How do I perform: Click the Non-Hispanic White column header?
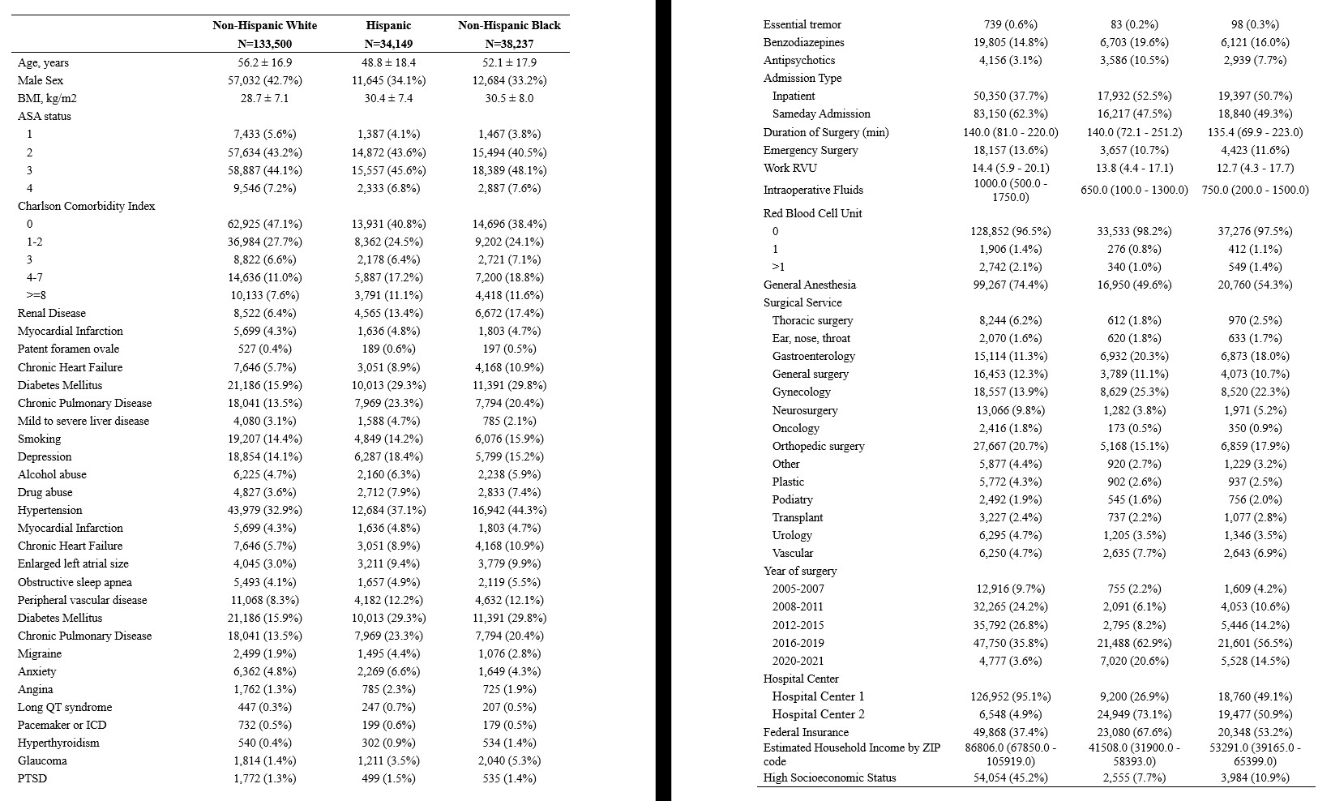(x=265, y=25)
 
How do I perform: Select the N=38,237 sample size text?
(x=509, y=44)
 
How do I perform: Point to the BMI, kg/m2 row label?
(x=48, y=98)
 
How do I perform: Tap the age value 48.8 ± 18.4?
(x=388, y=62)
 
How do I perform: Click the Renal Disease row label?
(x=52, y=313)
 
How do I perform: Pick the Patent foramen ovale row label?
(x=68, y=349)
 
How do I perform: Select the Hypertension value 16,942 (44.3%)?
(x=509, y=510)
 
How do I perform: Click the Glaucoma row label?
(x=42, y=760)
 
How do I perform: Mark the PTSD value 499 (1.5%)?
(x=388, y=778)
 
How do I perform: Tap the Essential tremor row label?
(x=802, y=24)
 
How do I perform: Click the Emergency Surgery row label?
(x=811, y=150)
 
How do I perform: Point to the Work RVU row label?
(x=790, y=168)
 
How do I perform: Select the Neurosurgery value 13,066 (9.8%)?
(x=1010, y=410)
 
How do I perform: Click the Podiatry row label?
(x=792, y=499)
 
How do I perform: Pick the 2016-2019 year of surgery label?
(x=798, y=643)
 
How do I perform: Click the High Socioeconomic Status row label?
(x=829, y=777)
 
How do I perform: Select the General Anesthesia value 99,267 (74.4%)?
(x=1010, y=285)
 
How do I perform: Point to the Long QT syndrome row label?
(x=65, y=707)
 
